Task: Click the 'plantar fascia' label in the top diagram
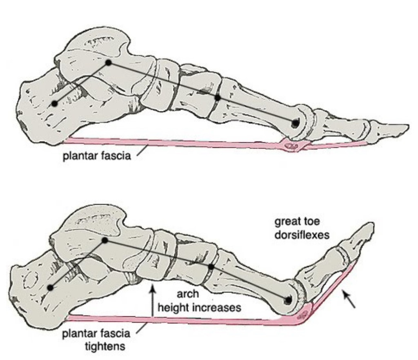coord(97,156)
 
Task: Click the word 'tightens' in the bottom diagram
coord(105,347)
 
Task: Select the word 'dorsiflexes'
coord(302,235)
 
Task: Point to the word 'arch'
coord(188,294)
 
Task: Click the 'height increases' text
coord(199,307)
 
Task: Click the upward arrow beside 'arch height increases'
coord(153,300)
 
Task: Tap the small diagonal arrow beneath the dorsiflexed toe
coord(349,300)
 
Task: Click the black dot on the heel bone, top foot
coord(55,103)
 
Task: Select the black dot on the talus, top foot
coord(108,63)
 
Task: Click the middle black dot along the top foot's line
coord(218,98)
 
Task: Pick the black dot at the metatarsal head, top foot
coord(296,123)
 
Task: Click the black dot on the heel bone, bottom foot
coord(50,287)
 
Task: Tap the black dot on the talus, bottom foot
coord(105,240)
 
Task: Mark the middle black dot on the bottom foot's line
coord(211,266)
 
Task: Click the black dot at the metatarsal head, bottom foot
coord(288,300)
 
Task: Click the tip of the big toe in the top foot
coord(408,126)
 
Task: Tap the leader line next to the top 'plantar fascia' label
coord(142,150)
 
